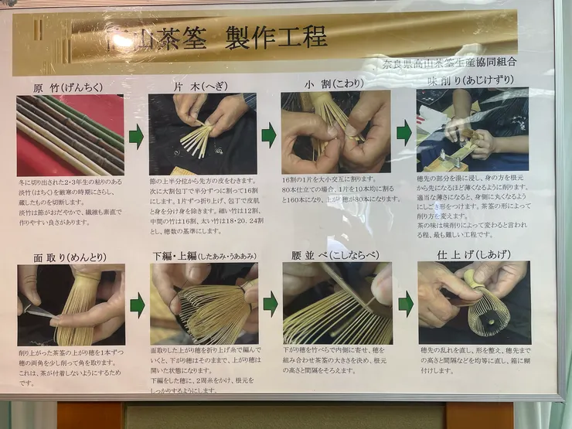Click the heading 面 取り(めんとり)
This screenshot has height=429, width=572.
[60, 256]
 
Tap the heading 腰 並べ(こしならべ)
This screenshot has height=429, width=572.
[335, 254]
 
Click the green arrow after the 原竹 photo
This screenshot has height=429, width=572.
[136, 138]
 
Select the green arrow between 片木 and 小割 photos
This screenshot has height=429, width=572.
[269, 136]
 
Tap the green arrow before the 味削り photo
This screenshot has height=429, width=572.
[403, 133]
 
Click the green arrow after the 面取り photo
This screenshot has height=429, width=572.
[137, 305]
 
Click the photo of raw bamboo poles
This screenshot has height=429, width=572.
[70, 135]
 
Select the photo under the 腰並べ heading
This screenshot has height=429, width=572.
[337, 303]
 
